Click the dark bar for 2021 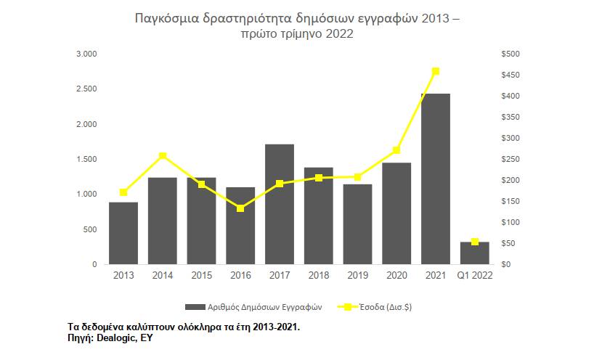point(436,179)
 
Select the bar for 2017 point(280,204)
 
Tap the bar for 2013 point(123,234)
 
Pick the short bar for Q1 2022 point(474,253)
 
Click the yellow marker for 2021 point(436,71)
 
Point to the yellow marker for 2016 point(240,208)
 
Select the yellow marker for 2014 point(163,156)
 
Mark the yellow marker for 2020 point(396,150)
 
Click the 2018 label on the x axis point(319,275)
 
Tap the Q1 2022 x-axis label point(474,275)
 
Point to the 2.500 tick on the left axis point(86,89)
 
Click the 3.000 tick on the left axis point(86,54)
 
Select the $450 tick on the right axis point(511,75)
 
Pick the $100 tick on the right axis point(511,222)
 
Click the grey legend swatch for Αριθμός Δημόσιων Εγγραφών point(195,307)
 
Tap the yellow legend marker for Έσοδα point(347,307)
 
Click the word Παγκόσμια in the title point(167,18)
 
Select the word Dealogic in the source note point(113,338)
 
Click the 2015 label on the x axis point(202,275)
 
